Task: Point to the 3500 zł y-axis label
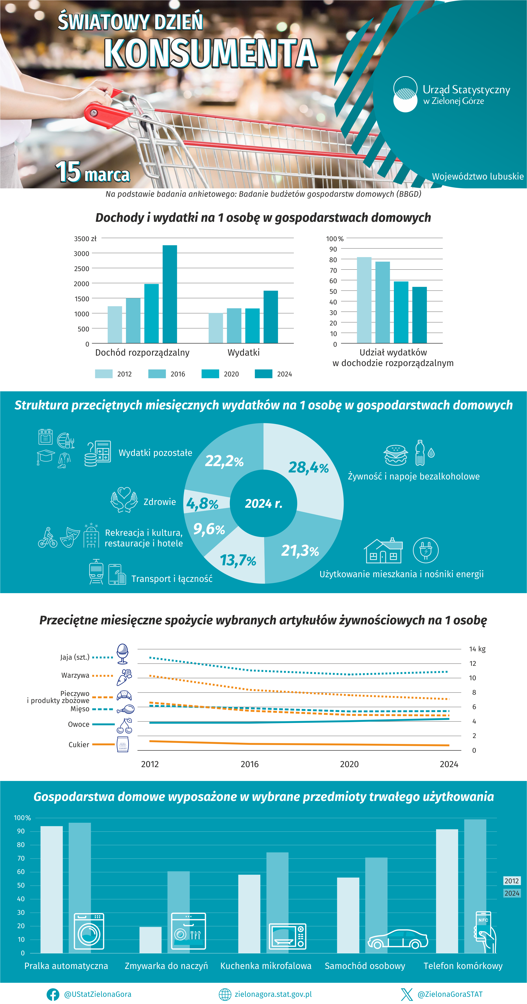[85, 239]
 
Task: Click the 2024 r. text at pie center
[263, 503]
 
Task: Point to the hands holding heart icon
[124, 500]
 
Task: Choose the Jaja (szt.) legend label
[75, 657]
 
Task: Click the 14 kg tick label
[477, 649]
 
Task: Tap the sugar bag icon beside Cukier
[123, 744]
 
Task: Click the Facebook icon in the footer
[53, 994]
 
